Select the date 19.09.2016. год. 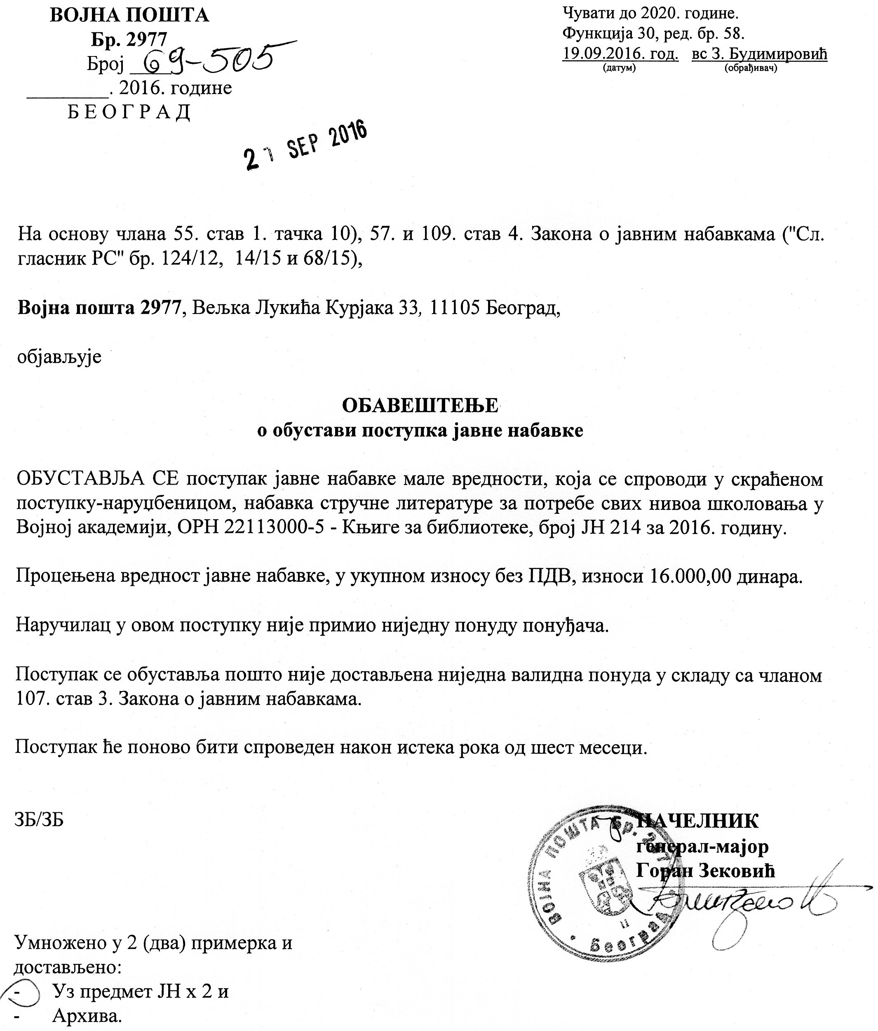pyautogui.click(x=620, y=53)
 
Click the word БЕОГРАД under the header pyautogui.click(x=129, y=112)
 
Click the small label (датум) pyautogui.click(x=619, y=68)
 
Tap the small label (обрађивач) pyautogui.click(x=751, y=68)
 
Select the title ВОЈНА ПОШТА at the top pyautogui.click(x=129, y=16)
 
